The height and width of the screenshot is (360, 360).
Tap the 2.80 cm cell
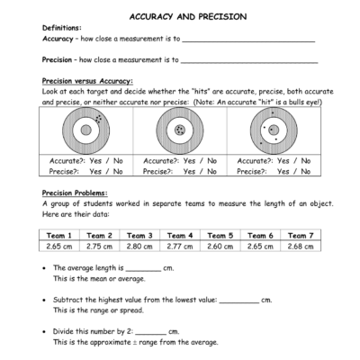[140, 245]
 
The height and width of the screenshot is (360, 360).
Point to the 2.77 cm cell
[181, 245]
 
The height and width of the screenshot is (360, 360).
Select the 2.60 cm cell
[220, 245]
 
